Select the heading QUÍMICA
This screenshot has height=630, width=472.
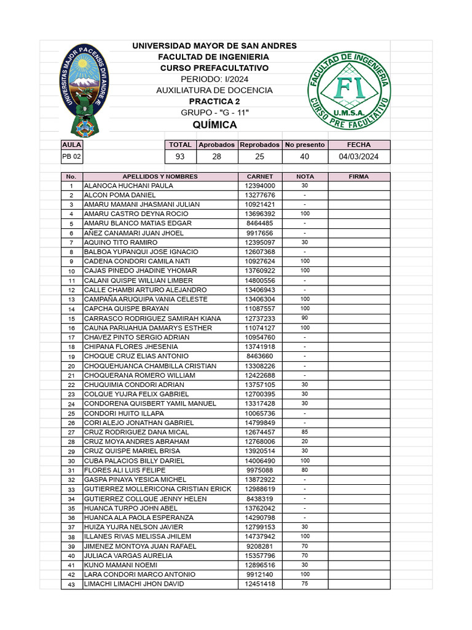[x=214, y=125]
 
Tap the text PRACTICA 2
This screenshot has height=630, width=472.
[x=214, y=102]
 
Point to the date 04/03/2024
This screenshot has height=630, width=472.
[x=359, y=157]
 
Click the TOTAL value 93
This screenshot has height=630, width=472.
[x=180, y=157]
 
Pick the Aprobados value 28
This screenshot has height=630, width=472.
[x=216, y=157]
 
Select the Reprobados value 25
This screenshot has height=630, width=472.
[x=259, y=157]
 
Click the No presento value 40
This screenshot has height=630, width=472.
[x=304, y=157]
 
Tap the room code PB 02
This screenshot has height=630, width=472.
[x=71, y=157]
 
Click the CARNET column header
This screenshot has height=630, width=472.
[x=259, y=177]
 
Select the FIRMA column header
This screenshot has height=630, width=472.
[x=359, y=177]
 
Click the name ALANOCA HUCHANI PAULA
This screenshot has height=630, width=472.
[x=128, y=186]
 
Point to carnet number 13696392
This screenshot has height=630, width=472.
[x=260, y=214]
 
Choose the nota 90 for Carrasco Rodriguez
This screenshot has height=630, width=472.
[x=305, y=318]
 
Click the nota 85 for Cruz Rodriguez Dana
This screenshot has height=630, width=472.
[x=305, y=432]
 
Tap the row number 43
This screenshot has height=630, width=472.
[x=71, y=584]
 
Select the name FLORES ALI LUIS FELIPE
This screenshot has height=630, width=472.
[x=125, y=470]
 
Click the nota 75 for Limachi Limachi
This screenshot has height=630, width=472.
[x=305, y=584]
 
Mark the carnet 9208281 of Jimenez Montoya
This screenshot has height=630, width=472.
[x=260, y=546]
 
